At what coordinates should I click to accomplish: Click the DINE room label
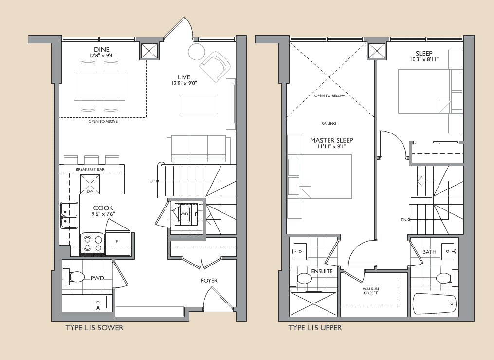[102, 49]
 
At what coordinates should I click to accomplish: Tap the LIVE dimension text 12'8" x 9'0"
[183, 83]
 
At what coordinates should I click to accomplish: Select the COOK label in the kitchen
[103, 208]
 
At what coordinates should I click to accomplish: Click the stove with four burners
[92, 244]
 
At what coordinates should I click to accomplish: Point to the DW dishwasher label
[90, 191]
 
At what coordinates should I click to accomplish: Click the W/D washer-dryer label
[184, 213]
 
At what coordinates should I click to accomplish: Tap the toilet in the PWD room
[74, 278]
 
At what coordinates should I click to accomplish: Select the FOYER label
[209, 281]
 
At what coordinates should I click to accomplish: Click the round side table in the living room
[197, 51]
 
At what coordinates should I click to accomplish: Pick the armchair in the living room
[215, 68]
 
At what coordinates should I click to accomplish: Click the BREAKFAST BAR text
[90, 169]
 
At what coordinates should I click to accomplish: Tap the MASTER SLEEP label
[331, 140]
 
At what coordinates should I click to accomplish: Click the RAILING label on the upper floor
[329, 124]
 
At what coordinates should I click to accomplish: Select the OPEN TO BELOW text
[329, 95]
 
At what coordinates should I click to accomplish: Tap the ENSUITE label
[322, 271]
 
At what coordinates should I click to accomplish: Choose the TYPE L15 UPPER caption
[315, 328]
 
